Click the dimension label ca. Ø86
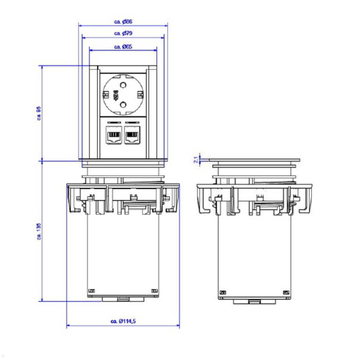[x=123, y=22]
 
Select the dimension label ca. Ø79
[x=123, y=33]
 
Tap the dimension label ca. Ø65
[x=123, y=47]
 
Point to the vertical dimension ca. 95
[x=39, y=113]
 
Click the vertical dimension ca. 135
[x=39, y=231]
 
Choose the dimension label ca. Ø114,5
[x=123, y=321]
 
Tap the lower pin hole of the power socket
[x=123, y=104]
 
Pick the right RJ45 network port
[x=132, y=136]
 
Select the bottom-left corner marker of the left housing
[x=92, y=290]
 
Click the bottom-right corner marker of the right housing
[x=286, y=292]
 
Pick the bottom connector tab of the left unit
[x=123, y=299]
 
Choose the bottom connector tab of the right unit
[x=254, y=302]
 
